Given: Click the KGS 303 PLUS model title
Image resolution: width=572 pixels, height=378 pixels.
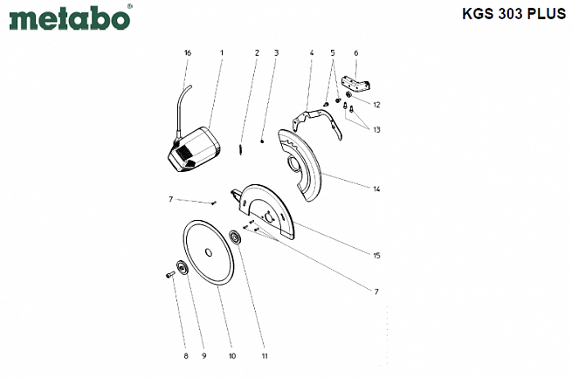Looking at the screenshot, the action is point(514,14).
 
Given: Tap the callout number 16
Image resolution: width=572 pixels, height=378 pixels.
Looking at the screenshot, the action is point(188,53).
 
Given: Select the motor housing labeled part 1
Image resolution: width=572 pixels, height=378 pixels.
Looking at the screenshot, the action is point(195,149).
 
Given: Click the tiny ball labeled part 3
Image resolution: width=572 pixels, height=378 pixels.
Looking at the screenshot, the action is point(262,141).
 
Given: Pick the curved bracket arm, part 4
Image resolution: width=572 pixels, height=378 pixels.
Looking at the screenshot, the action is point(317,122).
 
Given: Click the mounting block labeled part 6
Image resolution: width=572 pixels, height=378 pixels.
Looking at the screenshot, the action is point(355,83).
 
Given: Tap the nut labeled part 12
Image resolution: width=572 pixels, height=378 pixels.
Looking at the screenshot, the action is point(348,95).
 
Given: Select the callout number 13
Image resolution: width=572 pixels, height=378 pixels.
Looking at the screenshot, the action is point(376,130).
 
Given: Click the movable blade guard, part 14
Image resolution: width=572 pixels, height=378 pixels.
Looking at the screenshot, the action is point(300,165).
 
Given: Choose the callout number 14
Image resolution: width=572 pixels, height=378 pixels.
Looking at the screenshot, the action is point(376,189).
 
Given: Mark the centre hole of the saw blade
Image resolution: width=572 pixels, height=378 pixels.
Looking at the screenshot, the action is point(209,252).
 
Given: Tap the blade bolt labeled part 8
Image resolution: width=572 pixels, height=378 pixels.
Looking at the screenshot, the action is point(170,274).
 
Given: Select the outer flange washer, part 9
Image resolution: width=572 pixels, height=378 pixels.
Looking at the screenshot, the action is point(182,268).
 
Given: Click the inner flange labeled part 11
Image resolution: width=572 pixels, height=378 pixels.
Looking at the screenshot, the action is point(234,237).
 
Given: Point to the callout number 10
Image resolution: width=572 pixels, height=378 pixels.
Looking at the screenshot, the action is point(232,356).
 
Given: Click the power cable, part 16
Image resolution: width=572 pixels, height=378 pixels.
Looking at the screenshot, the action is point(182,112).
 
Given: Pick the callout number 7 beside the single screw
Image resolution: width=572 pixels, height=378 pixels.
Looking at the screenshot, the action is point(170,199).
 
